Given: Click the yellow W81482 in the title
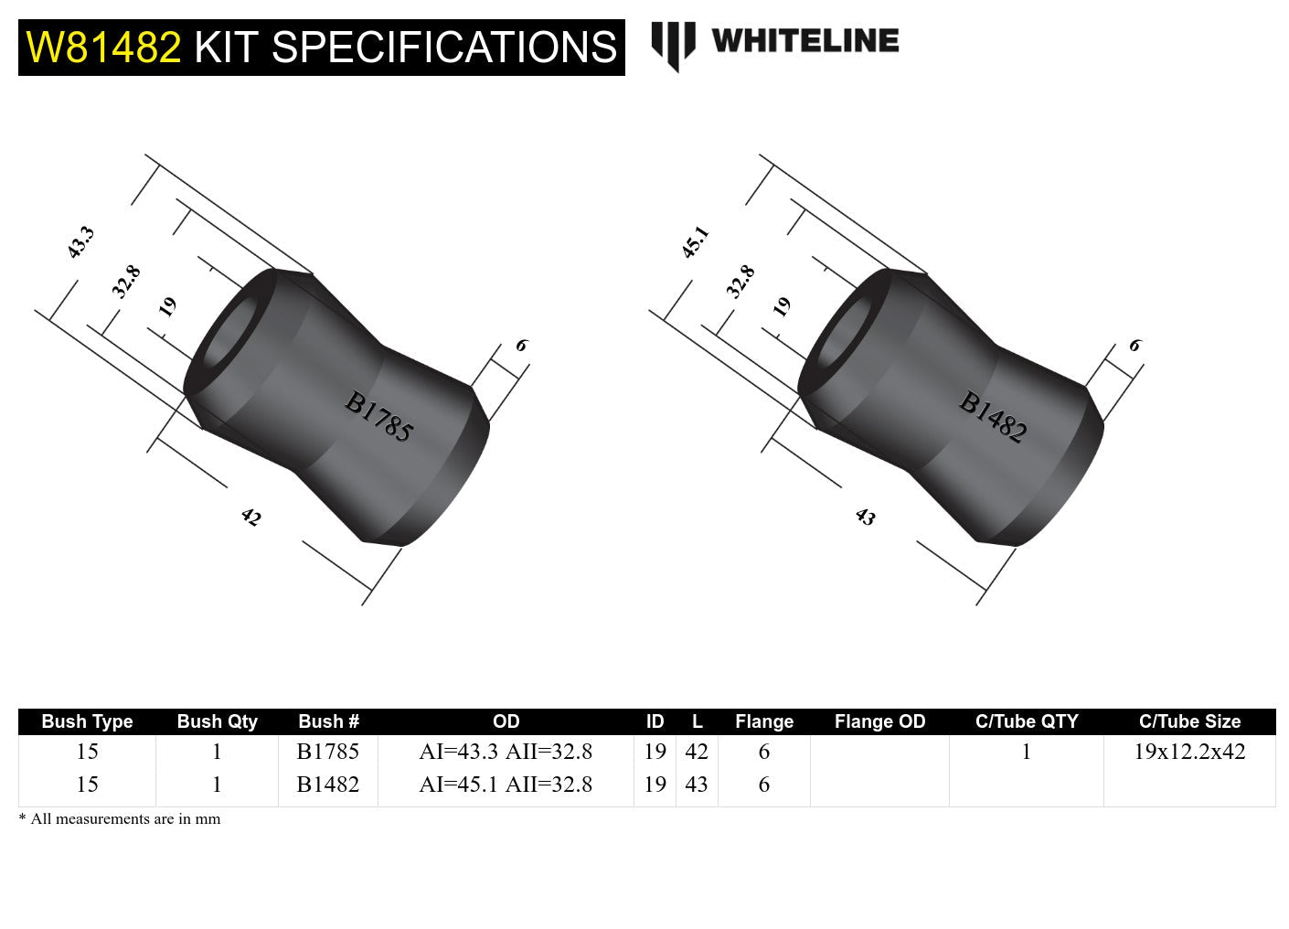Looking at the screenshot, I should pos(103,48).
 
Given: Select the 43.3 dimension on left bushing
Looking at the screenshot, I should pos(80,242).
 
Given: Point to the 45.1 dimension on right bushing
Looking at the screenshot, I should pos(695,242).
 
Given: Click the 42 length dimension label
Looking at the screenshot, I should pos(250,518).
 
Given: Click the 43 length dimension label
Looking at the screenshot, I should pos(865,518).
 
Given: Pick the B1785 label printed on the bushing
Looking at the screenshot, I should pos(378,417).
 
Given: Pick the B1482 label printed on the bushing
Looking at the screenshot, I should pos(993,417).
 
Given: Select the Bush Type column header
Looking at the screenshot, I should pos(87,721).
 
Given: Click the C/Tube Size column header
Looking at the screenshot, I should pos(1189,721).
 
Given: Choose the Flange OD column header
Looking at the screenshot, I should pos(879,721).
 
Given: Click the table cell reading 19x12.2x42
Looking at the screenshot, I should pos(1189,752).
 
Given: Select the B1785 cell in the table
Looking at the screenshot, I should pos(327,752).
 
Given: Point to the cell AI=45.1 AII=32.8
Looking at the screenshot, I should pos(506,785).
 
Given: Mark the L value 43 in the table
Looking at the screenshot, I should pos(697,785).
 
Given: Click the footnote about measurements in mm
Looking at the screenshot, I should pos(120,819).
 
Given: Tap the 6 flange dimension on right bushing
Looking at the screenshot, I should pos(1135,346).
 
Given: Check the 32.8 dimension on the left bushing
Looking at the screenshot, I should pos(126,282).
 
